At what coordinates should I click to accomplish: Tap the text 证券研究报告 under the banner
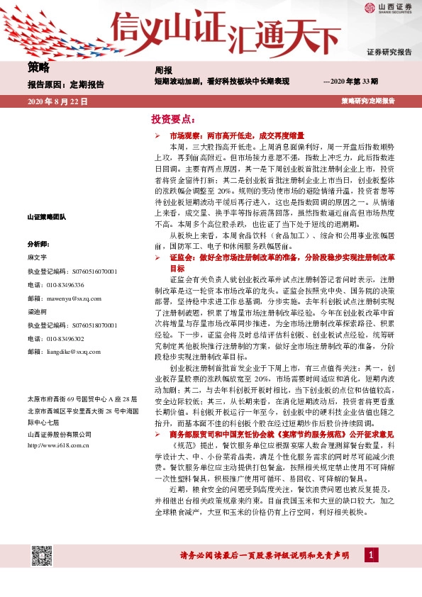click(389, 52)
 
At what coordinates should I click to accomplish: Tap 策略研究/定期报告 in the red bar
click(367, 101)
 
